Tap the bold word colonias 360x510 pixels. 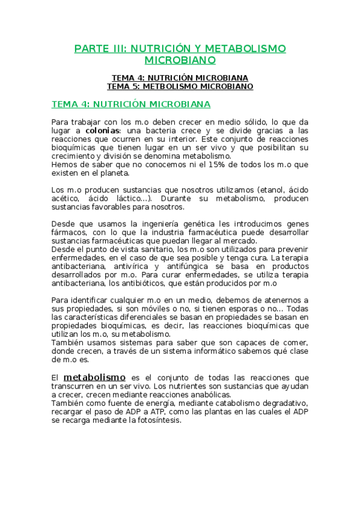coord(103,130)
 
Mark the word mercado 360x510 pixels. coord(238,241)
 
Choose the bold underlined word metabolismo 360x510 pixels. coord(94,376)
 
